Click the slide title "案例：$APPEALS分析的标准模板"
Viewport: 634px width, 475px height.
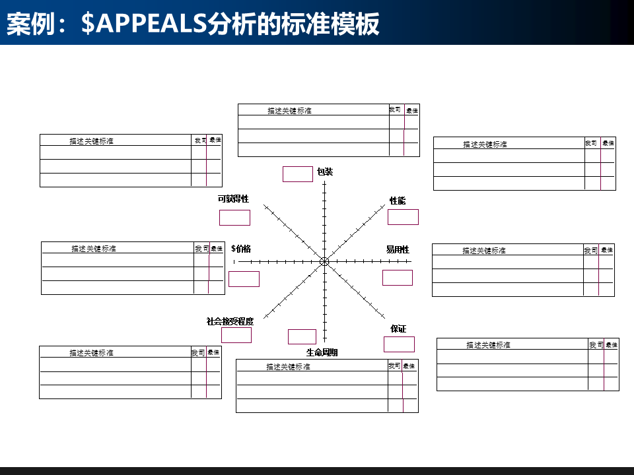[x=193, y=24]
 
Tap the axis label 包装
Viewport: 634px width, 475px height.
[x=325, y=172]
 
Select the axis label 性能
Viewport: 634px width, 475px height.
[x=398, y=201]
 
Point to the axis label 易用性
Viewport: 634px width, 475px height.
[x=398, y=249]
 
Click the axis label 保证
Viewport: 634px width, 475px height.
[x=398, y=329]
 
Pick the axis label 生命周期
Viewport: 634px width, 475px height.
[x=322, y=352]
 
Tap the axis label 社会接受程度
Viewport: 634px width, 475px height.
[x=230, y=321]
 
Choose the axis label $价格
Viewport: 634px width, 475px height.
[x=241, y=249]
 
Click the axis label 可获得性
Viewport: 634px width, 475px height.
[x=233, y=199]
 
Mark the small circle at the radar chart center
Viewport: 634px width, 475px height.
[x=324, y=262]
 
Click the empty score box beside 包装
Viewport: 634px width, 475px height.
[x=297, y=174]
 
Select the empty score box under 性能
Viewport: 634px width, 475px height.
[x=403, y=217]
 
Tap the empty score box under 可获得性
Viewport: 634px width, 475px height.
[x=234, y=218]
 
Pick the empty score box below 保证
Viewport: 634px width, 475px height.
[x=399, y=344]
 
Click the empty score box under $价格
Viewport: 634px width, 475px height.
[x=244, y=279]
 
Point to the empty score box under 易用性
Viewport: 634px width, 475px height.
[x=398, y=278]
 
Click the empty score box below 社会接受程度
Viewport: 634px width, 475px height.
[x=236, y=335]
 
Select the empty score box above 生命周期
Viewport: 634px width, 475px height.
[x=302, y=336]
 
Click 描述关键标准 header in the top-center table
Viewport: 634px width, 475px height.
[x=289, y=111]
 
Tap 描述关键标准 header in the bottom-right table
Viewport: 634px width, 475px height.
[x=488, y=345]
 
